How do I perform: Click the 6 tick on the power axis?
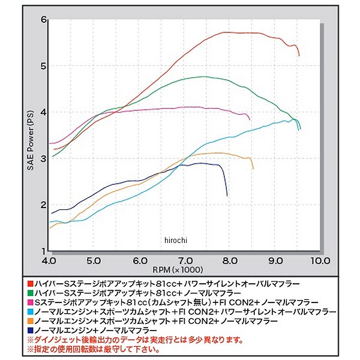(x=43, y=19)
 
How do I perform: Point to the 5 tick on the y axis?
(x=43, y=65)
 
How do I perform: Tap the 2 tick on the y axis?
(x=43, y=205)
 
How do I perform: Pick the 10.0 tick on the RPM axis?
(x=320, y=261)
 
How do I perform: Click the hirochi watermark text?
(x=175, y=241)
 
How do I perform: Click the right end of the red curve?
(x=299, y=55)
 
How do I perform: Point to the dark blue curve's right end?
(x=227, y=196)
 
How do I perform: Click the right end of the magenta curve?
(x=250, y=118)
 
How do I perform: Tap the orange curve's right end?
(x=253, y=169)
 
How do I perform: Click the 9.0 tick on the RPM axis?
(x=275, y=261)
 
